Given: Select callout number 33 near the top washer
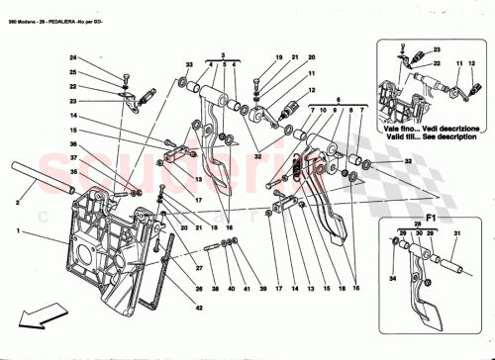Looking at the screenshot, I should [188, 65].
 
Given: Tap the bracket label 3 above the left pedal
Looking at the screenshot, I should [223, 56].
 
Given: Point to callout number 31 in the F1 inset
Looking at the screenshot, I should [457, 234].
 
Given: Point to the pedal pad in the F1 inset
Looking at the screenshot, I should [433, 314].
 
